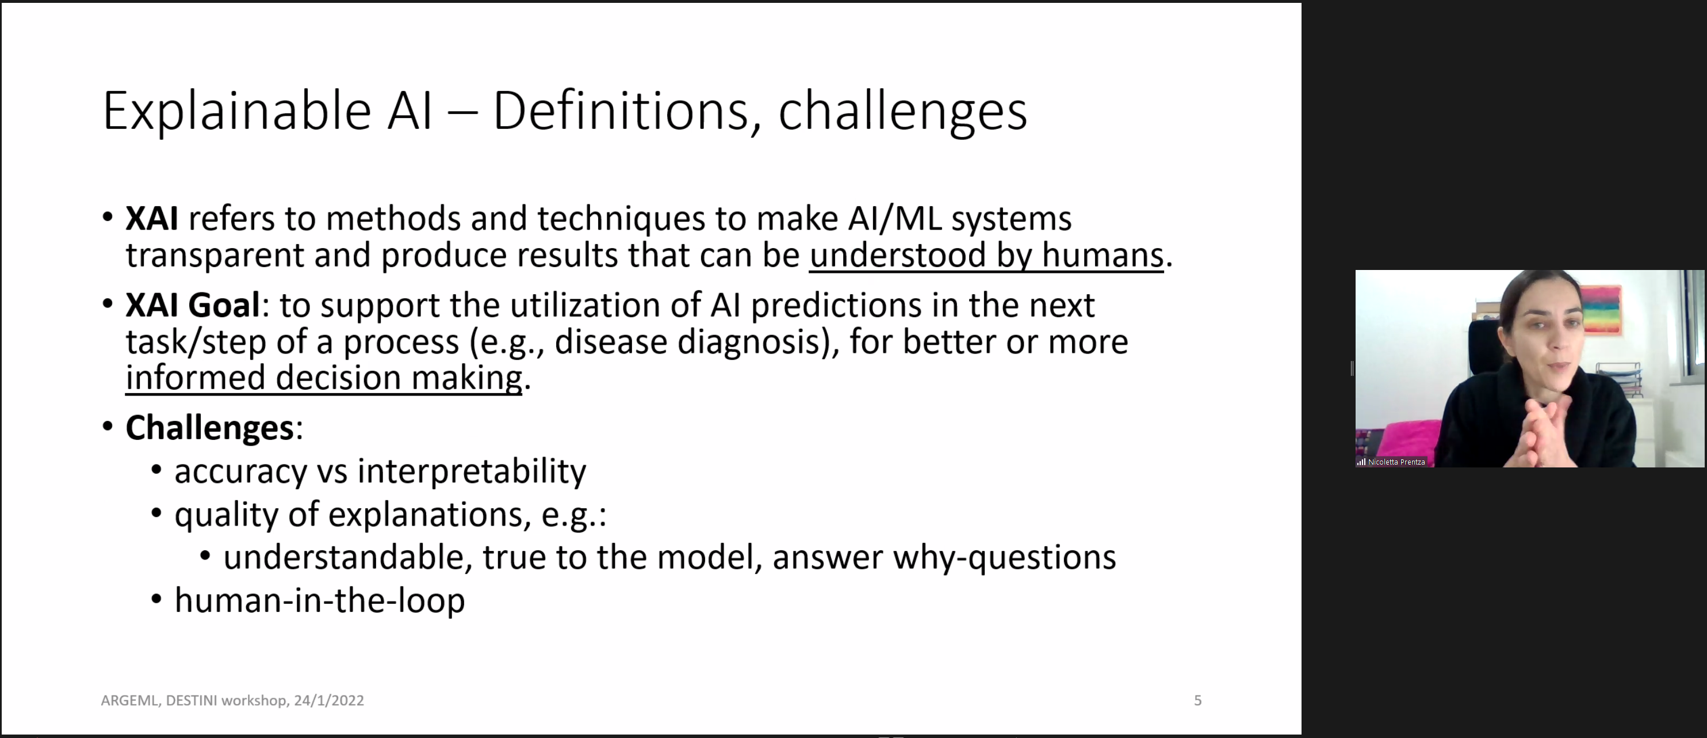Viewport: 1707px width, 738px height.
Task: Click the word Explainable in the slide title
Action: tap(236, 112)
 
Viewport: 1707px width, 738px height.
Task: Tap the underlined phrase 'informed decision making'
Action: tap(323, 379)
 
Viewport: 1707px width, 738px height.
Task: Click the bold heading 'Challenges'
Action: tap(209, 428)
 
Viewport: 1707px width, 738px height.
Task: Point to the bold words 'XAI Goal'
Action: tap(192, 305)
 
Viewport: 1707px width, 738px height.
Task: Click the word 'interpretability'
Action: tap(472, 471)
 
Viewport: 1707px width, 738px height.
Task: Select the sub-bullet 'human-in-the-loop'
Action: tap(319, 600)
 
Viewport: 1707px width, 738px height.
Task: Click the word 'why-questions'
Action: tap(1004, 558)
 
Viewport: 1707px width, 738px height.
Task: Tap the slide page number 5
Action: tap(1197, 700)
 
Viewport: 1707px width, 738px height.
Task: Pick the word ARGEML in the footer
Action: tap(130, 700)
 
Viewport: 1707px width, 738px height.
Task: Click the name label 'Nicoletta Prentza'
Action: tap(1396, 462)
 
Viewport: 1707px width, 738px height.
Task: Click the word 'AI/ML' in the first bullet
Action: tap(894, 219)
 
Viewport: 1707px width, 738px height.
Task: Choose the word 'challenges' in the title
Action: tap(902, 112)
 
